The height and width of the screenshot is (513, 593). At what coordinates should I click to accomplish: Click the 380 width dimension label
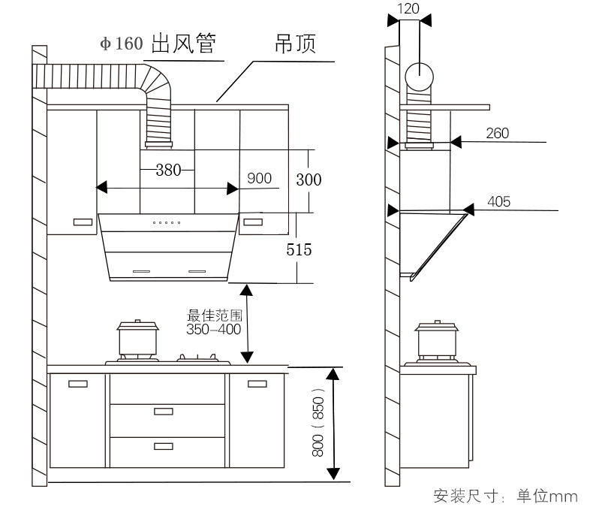pos(168,170)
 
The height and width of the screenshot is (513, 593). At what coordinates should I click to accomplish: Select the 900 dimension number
pos(259,178)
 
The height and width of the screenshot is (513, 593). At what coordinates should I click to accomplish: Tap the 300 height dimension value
pos(309,180)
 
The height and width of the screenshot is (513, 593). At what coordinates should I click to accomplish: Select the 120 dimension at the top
pos(410,8)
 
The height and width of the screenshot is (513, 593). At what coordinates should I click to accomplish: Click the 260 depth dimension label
pos(497,133)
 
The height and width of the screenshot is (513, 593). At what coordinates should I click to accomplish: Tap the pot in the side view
pos(435,343)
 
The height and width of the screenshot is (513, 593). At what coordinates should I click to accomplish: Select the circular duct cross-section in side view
pos(420,76)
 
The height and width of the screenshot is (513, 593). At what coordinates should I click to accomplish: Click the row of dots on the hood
pos(167,222)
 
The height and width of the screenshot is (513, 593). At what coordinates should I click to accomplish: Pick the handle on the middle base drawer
pos(163,411)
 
